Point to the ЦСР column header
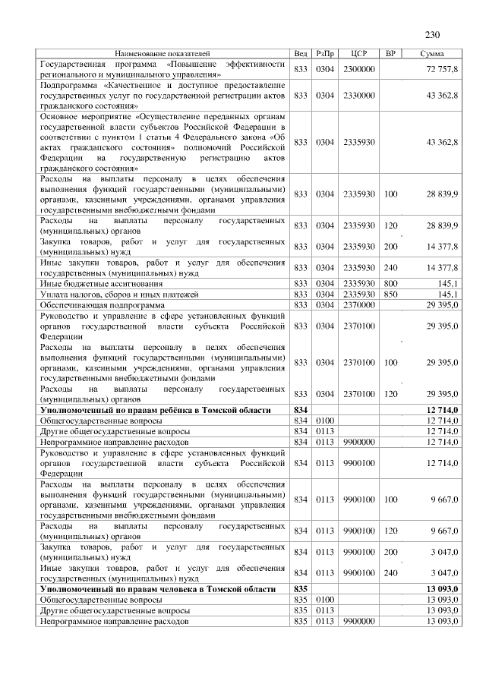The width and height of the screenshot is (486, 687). point(360,54)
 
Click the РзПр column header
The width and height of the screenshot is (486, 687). point(325,54)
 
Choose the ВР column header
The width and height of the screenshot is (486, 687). point(390,54)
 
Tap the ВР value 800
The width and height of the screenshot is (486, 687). point(390,282)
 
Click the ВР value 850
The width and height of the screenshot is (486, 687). point(390,293)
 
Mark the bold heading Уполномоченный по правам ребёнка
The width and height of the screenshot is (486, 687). point(155,409)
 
